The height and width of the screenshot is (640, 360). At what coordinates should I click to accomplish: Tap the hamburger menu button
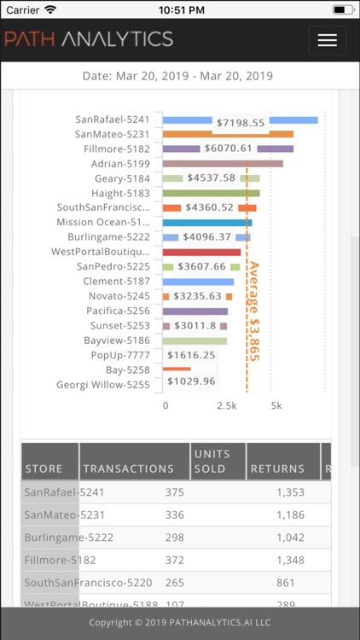327,40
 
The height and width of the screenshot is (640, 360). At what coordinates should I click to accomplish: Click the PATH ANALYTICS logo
89,39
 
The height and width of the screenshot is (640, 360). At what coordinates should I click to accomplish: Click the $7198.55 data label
241,123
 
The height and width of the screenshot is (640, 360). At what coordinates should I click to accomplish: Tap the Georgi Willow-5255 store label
102,385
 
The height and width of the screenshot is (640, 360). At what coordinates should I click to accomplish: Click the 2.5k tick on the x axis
226,406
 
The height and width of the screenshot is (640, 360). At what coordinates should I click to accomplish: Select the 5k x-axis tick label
276,406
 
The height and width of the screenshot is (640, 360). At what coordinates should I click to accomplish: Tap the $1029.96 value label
191,381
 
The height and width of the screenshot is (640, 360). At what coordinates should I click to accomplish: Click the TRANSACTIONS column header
128,468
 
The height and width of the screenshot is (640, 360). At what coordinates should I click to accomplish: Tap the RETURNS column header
277,468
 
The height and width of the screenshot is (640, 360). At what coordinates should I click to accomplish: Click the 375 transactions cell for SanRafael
175,492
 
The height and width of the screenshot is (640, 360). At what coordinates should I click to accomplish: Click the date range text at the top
177,76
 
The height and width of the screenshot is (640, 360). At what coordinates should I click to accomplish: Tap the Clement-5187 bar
198,282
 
